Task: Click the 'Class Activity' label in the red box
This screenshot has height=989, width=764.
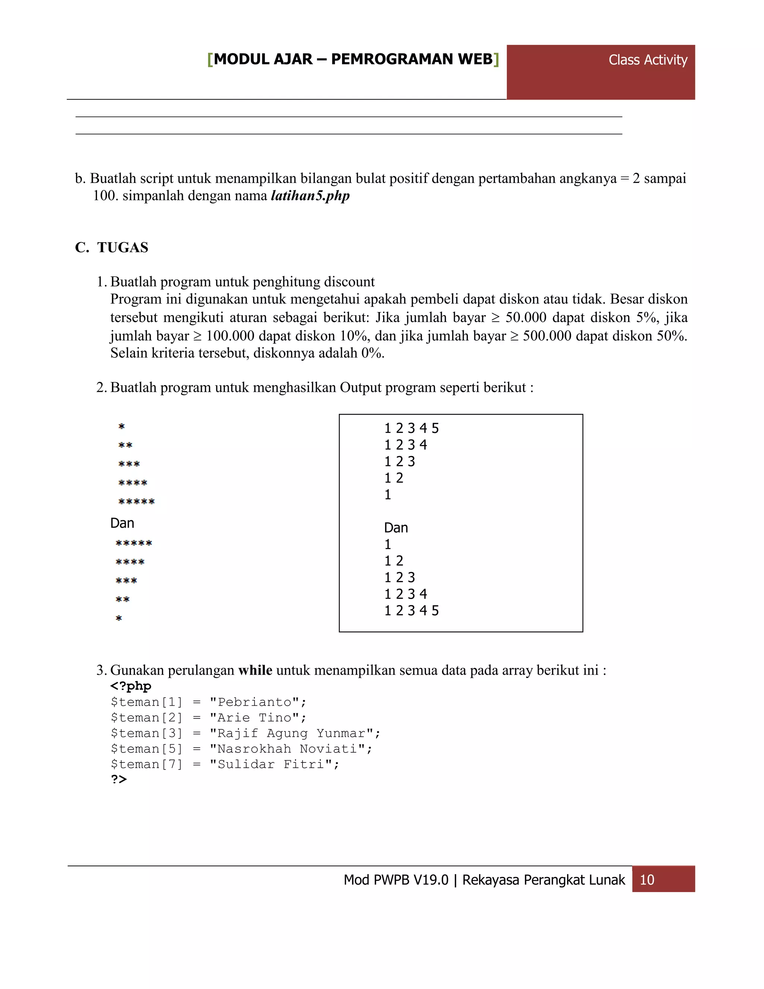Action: click(647, 60)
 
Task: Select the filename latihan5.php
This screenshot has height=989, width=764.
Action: click(310, 196)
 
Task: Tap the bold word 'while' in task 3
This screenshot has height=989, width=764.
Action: click(255, 670)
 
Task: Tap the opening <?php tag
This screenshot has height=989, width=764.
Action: click(131, 686)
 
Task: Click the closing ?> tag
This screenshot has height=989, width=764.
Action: click(119, 779)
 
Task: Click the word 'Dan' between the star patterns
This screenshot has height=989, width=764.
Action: click(122, 523)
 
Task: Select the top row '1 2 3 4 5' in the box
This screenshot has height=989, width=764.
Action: click(411, 428)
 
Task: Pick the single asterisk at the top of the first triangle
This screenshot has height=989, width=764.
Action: click(121, 426)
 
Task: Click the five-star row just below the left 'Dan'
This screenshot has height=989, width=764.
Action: click(134, 543)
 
